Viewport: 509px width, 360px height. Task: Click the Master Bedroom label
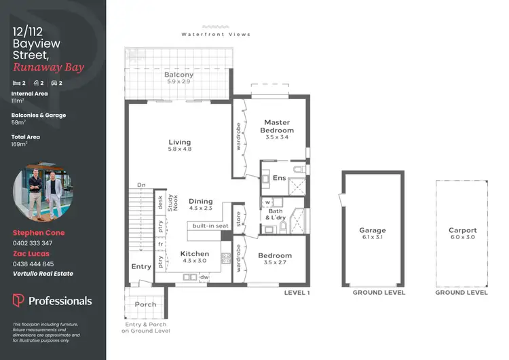278,126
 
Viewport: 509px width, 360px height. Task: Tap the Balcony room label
180,75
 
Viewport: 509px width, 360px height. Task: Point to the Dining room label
201,202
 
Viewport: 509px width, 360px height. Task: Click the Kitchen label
195,254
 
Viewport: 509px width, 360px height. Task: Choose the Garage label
373,231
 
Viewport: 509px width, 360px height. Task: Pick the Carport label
462,231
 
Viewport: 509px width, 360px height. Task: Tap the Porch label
145,305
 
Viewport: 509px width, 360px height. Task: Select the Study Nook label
172,202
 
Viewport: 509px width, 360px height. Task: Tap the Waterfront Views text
216,34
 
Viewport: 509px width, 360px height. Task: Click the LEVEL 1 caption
297,293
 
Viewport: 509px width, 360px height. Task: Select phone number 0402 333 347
33,242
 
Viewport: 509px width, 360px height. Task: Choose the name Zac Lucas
31,253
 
